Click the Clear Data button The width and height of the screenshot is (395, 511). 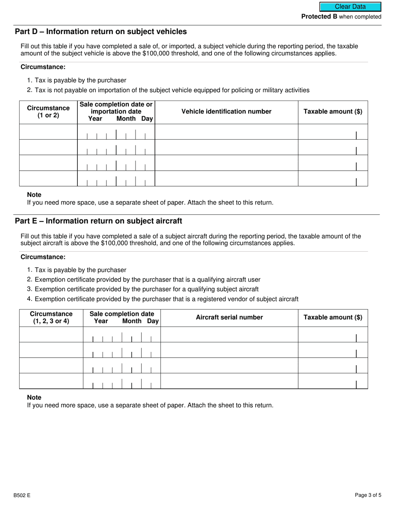pos(350,7)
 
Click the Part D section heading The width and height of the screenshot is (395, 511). pos(101,32)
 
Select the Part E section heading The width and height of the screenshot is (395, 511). pos(98,221)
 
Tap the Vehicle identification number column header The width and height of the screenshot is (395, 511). pos(226,111)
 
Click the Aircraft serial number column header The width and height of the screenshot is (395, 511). pos(229,317)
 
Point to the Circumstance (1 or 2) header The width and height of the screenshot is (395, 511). pos(48,112)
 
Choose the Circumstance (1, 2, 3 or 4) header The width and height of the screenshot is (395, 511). pos(51,317)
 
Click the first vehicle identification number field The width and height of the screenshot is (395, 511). pos(226,132)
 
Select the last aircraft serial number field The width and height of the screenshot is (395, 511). pos(229,381)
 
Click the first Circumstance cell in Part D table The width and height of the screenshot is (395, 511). pos(48,132)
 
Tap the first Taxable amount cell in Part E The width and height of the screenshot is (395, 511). pos(333,334)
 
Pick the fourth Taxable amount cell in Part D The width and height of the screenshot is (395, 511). pos(333,179)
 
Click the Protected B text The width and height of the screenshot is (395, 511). pos(319,17)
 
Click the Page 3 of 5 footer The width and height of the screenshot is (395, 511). pos(368,495)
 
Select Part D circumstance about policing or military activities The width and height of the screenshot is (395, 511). pos(172,90)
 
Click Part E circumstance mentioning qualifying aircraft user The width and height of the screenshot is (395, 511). pos(147,280)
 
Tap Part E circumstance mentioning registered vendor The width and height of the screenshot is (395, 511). pos(166,299)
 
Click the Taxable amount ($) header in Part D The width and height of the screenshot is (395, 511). pos(333,111)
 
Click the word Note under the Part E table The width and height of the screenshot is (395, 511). pos(34,398)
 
